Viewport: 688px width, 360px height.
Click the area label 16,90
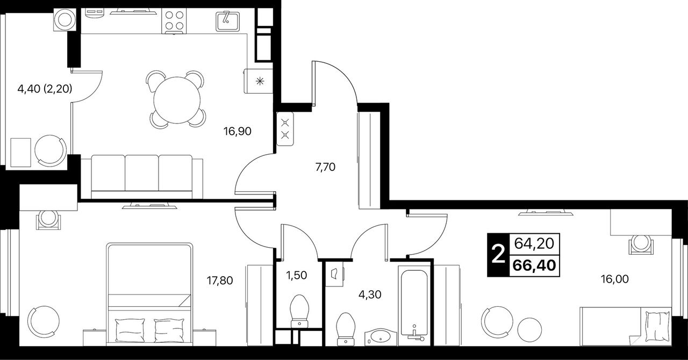coord(238,132)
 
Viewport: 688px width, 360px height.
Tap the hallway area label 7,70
coord(325,167)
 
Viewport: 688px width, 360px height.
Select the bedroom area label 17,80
coord(220,280)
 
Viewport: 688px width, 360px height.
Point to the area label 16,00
coord(614,279)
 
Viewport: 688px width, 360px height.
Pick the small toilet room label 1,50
coord(296,275)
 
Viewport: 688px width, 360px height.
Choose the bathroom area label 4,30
coord(370,294)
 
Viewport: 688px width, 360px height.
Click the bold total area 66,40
coord(534,265)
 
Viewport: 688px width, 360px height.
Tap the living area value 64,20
coord(534,243)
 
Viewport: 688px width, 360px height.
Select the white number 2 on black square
coord(498,255)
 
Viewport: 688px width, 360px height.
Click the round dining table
coord(177,100)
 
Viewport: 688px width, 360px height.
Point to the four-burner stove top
coord(174,20)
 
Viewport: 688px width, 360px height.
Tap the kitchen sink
coord(227,21)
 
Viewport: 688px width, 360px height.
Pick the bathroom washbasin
coord(381,338)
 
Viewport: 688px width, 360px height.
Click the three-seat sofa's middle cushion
coord(141,172)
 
